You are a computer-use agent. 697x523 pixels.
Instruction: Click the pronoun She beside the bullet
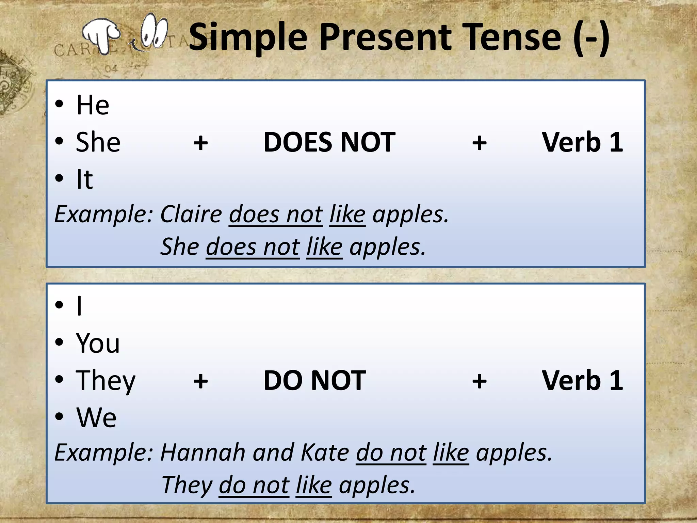98,142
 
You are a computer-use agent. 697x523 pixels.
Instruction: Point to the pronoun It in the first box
84,179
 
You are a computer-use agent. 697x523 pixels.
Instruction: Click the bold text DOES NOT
329,142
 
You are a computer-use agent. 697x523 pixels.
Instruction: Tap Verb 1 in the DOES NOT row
582,142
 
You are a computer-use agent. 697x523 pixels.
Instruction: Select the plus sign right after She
200,143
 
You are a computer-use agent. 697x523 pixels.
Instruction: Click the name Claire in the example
191,215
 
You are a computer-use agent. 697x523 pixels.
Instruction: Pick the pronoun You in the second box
98,343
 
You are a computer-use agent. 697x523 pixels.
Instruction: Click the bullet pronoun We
96,417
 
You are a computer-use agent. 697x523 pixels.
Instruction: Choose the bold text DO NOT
314,380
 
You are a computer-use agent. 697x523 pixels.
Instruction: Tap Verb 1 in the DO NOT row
582,380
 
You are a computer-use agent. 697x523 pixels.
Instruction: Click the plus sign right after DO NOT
479,381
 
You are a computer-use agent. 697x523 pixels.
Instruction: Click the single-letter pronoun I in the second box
79,306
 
